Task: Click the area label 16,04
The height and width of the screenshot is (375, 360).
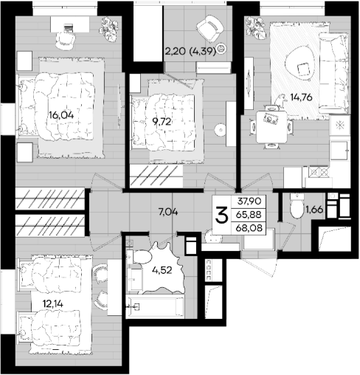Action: pos(61,115)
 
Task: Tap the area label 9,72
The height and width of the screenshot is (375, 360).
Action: pos(162,122)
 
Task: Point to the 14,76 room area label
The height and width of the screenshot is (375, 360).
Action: pos(301,97)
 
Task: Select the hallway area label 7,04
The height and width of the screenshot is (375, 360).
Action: pos(168,212)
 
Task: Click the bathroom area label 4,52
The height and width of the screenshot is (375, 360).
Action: pos(162,270)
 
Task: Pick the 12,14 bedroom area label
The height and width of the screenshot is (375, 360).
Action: pos(53,304)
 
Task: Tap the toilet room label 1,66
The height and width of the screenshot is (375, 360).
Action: pos(314,210)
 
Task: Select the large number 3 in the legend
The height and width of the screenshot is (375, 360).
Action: pos(221,215)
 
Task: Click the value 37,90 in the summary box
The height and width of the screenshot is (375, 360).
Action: pos(249,202)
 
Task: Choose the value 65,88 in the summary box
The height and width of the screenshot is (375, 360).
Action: pos(249,215)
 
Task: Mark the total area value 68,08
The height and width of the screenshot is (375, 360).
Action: pos(249,228)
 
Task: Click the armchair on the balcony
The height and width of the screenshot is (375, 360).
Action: pos(210,29)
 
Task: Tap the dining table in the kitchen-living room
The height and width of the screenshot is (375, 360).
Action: pos(271,127)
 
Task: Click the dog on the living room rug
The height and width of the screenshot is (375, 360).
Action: pos(280,101)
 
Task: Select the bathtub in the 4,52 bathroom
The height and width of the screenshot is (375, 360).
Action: pos(155,306)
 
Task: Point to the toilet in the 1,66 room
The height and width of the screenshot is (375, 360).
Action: pos(297,206)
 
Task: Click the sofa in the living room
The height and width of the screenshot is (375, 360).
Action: pos(334,73)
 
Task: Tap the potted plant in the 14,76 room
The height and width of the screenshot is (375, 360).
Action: pos(256,27)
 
